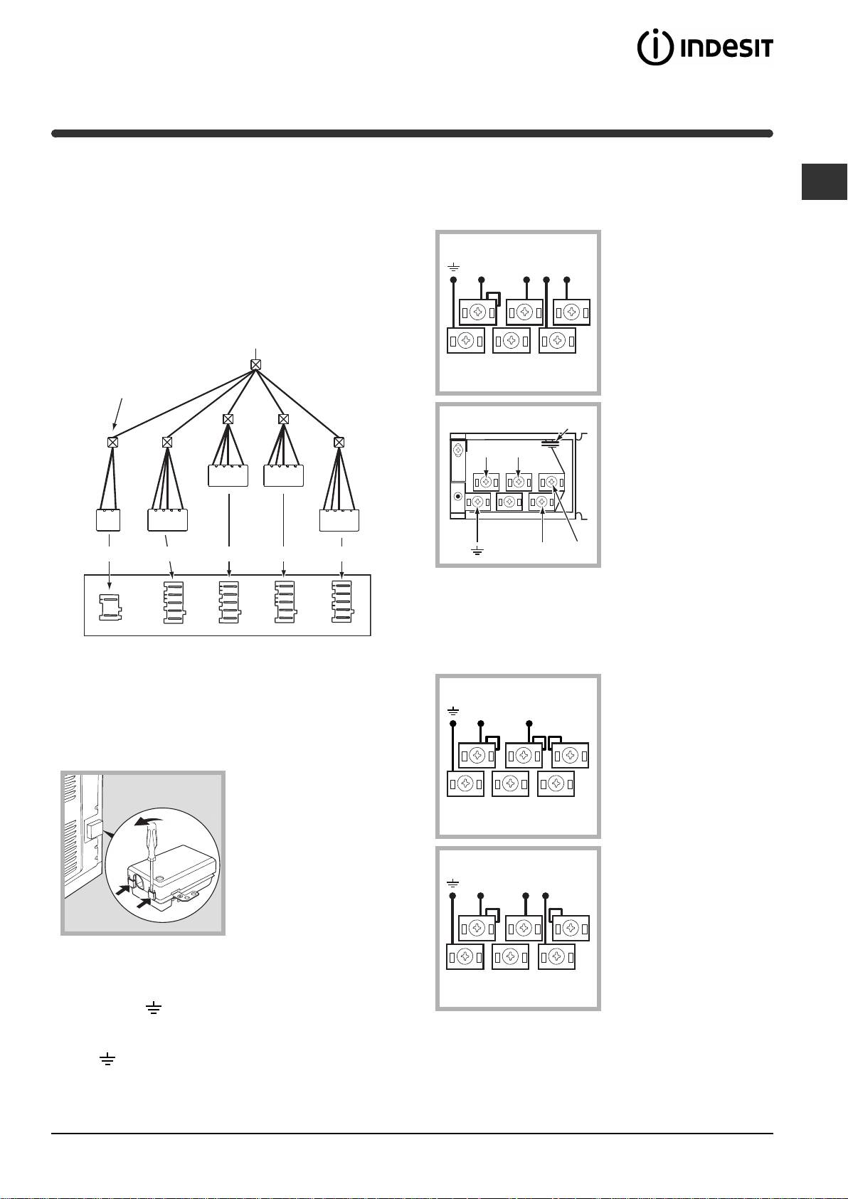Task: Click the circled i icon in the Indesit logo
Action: tap(655, 48)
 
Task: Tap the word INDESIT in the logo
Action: tap(726, 48)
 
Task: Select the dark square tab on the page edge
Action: tap(824, 182)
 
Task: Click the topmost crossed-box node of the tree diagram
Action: tap(255, 365)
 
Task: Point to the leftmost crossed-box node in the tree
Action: tap(112, 442)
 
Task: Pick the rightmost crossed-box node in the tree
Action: tap(339, 442)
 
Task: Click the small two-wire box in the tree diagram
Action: tap(108, 519)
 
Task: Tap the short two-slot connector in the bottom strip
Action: tap(110, 607)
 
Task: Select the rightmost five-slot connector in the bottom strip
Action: tap(342, 602)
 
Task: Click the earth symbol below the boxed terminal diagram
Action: tap(477, 551)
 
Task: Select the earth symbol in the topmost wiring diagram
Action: tap(453, 267)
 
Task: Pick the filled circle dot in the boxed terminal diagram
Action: tap(457, 496)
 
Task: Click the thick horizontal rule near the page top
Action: tap(412, 133)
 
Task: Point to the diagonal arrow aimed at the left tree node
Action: tap(118, 413)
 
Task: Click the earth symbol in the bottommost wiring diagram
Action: tap(452, 882)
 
